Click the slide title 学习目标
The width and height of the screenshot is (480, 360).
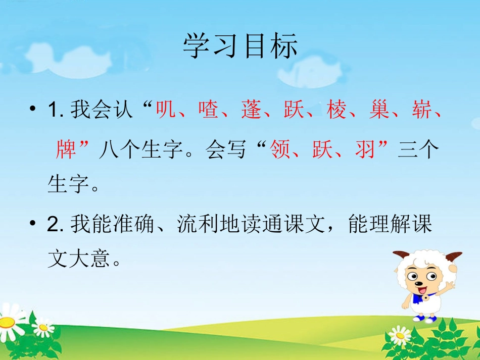coord(240,46)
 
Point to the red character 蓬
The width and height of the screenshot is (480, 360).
coord(251,110)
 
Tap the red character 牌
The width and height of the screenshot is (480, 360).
coord(66,149)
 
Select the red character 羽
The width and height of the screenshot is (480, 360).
coord(365,149)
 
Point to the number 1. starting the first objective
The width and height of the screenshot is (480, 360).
coord(55,111)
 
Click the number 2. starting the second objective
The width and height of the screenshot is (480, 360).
coord(55,224)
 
